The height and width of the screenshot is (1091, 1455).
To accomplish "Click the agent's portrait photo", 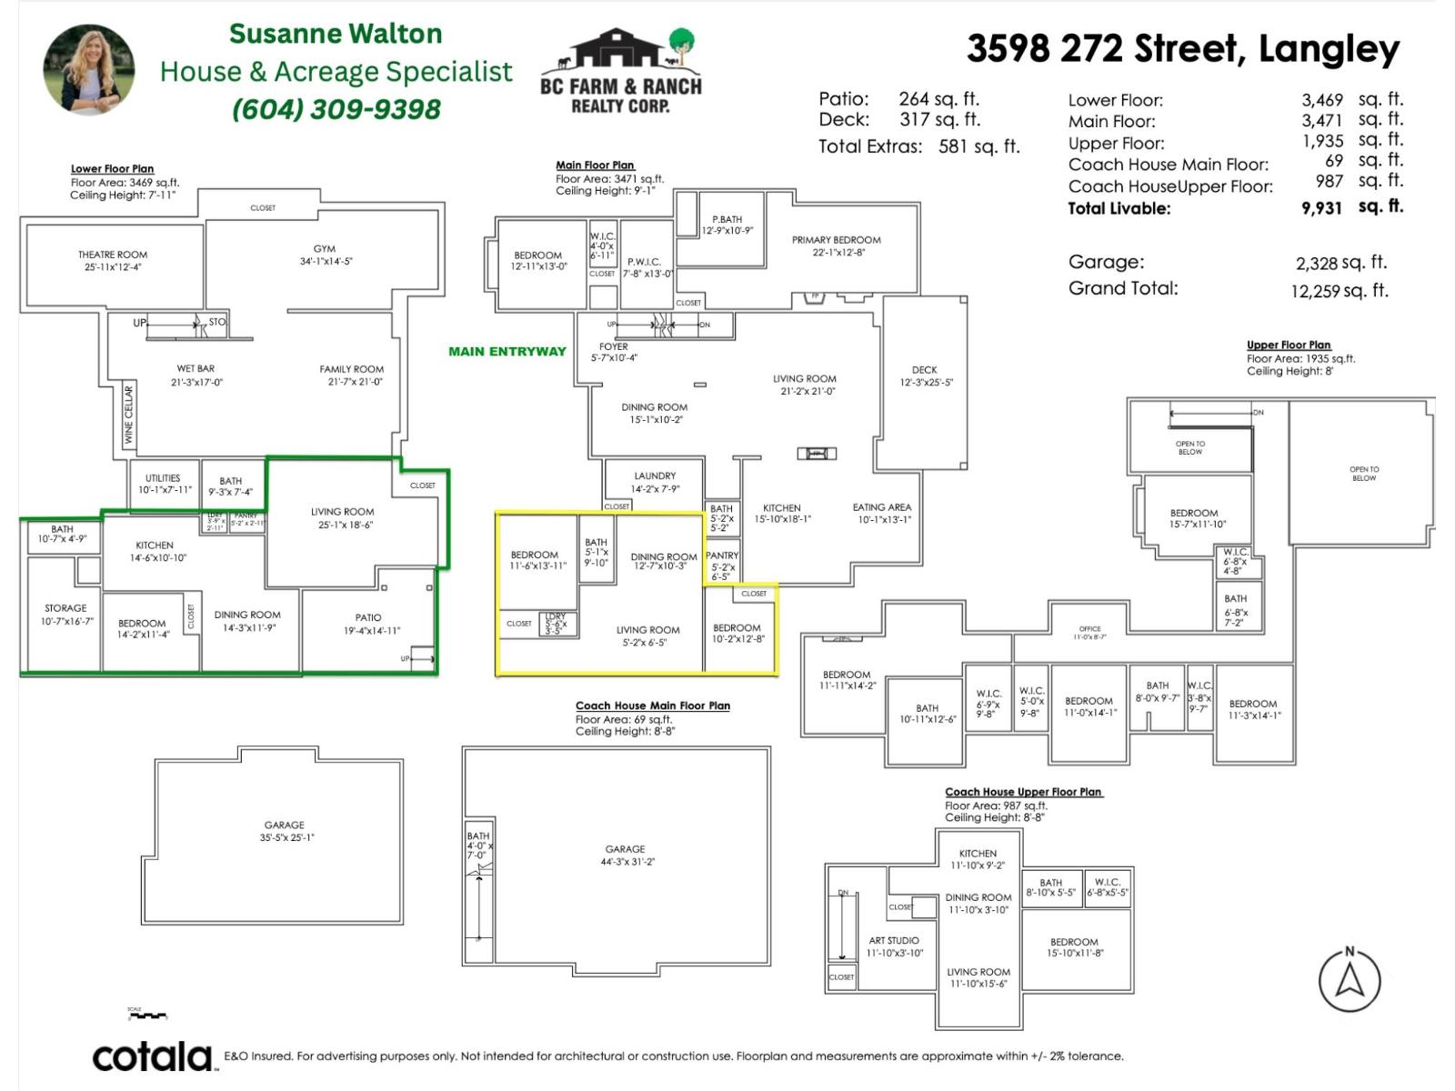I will (x=89, y=70).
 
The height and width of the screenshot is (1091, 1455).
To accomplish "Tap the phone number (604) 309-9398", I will (x=336, y=109).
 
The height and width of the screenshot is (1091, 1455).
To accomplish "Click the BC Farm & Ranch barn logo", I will (x=621, y=71).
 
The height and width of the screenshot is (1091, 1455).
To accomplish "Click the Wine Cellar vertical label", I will (x=128, y=415).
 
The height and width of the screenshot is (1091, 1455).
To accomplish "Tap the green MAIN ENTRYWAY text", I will (x=507, y=352).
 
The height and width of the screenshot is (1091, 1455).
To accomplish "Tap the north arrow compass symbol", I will (x=1350, y=980).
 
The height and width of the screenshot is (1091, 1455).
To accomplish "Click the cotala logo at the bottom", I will (x=152, y=1056).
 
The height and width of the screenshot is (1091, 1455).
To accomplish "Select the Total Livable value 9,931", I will (x=1321, y=208).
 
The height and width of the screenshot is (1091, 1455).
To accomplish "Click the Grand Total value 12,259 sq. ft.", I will (x=1339, y=291).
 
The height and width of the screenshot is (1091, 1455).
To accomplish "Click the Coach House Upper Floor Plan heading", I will (x=1023, y=792).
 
